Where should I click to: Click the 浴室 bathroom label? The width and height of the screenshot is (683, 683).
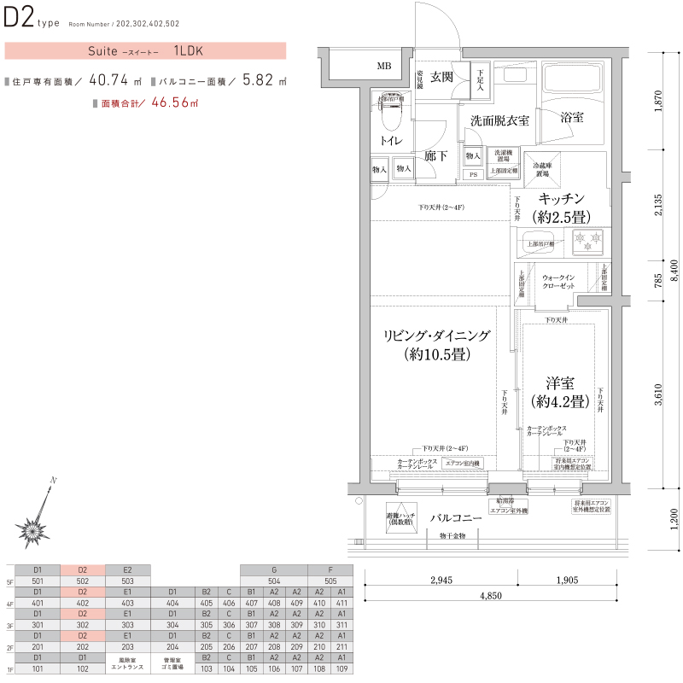pos(572,118)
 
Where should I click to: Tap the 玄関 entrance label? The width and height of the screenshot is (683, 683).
pos(441,78)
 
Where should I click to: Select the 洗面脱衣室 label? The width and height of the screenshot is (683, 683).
pos(500,120)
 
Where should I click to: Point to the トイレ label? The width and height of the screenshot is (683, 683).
pos(392,140)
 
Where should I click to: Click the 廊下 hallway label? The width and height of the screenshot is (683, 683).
pos(435,156)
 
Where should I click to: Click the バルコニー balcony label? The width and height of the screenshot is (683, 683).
pos(456,517)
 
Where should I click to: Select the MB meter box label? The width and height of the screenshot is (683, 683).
pos(384,66)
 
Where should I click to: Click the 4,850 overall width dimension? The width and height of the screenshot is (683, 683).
pos(491,595)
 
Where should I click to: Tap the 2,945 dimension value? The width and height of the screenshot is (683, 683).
pos(441,581)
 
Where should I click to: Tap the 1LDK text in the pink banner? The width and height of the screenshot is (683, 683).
pos(189,50)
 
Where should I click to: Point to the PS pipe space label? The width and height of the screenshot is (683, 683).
pos(473,174)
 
